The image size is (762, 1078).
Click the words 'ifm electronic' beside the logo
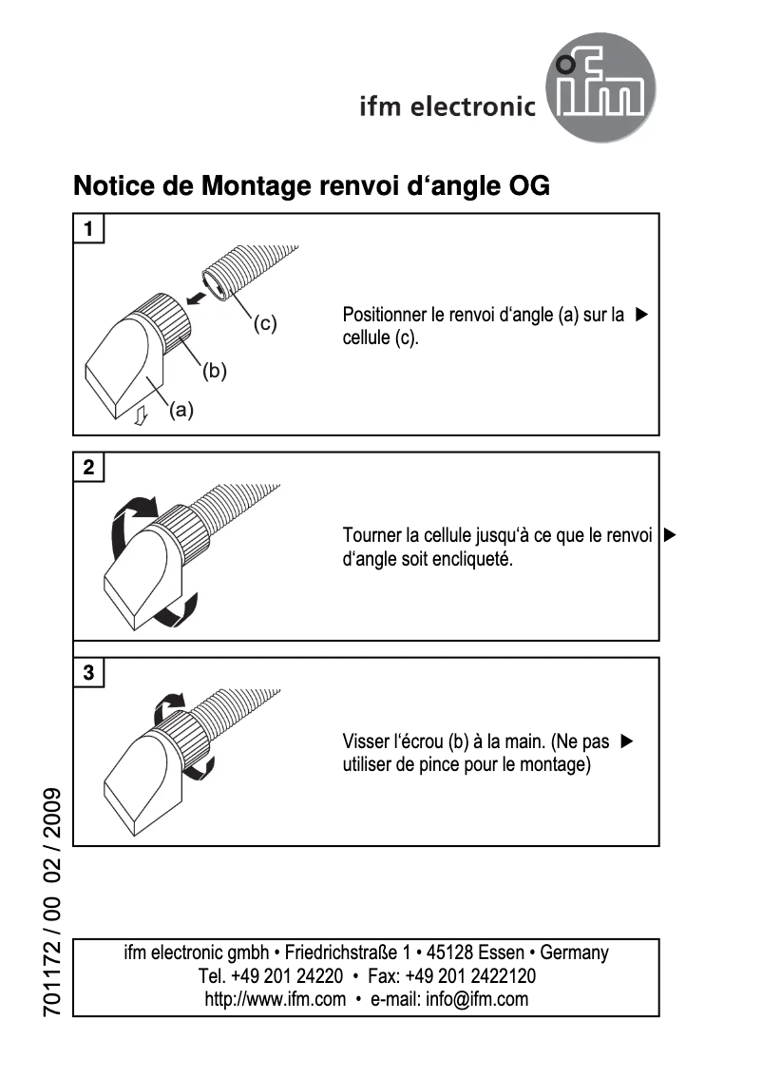(x=448, y=106)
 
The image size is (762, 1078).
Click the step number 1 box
(x=88, y=228)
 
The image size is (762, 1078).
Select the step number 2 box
(x=88, y=467)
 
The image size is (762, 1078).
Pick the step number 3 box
(x=88, y=673)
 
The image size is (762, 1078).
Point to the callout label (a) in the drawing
(x=181, y=411)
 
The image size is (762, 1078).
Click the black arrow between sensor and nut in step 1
(x=196, y=298)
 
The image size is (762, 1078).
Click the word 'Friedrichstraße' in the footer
(x=341, y=953)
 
